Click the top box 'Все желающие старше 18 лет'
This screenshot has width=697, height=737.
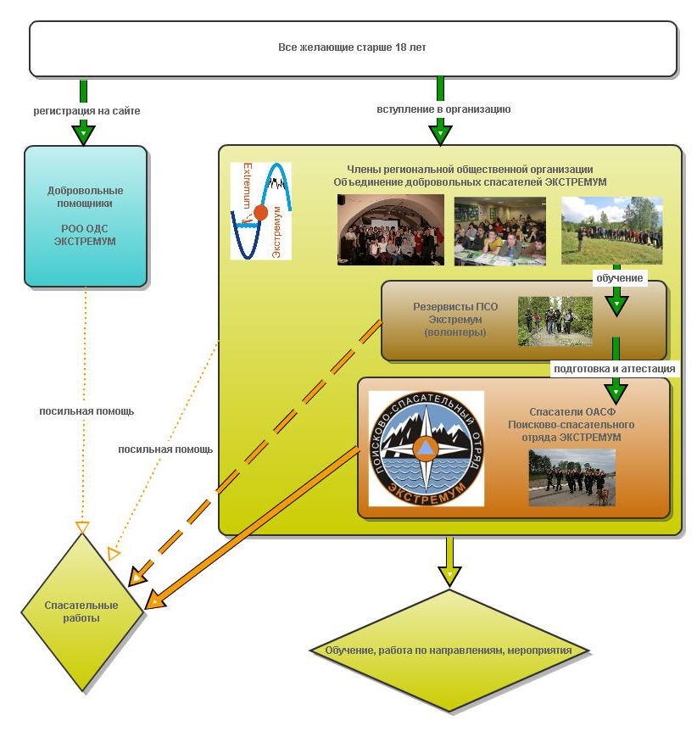click(352, 47)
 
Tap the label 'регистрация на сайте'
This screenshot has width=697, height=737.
click(86, 111)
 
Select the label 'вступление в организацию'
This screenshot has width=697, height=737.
click(443, 109)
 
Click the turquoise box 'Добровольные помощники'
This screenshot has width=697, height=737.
click(85, 215)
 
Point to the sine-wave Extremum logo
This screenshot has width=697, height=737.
click(260, 210)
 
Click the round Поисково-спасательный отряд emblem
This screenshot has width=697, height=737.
click(427, 448)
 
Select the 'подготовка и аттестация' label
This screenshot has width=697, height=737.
click(614, 369)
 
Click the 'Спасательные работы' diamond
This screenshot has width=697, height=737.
click(81, 611)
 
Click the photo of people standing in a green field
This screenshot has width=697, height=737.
click(611, 230)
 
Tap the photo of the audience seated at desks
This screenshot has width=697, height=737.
click(499, 231)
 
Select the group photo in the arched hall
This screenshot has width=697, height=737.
click(390, 230)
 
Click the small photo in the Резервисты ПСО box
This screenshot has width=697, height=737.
click(555, 321)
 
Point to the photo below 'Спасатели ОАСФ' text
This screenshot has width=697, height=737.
click(572, 477)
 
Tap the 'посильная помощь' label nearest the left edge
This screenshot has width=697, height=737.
click(86, 411)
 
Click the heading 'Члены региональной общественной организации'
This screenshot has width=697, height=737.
click(470, 170)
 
